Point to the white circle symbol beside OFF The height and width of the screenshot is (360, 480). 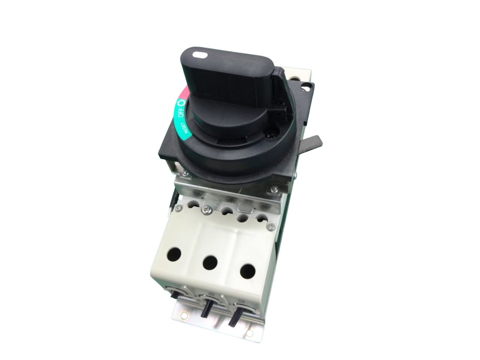coord(182,102)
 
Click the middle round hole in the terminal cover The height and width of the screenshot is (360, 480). coord(210,262)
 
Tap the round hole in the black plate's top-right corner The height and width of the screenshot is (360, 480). coord(308,87)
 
